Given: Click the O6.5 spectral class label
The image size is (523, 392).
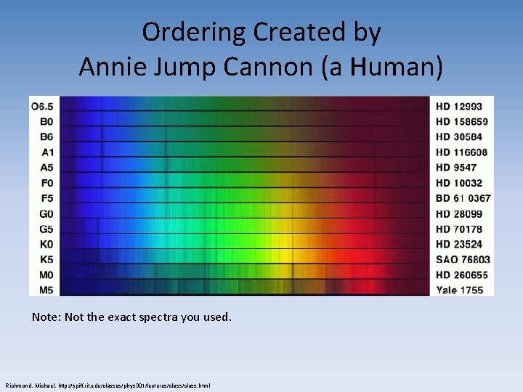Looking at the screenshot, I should pyautogui.click(x=43, y=106).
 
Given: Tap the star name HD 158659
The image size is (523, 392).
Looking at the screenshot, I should pyautogui.click(x=461, y=121).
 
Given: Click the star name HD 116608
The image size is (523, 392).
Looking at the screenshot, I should pyautogui.click(x=461, y=152).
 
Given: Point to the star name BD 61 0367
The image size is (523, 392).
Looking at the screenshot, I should pyautogui.click(x=463, y=198).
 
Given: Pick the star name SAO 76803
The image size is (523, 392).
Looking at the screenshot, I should pyautogui.click(x=463, y=259).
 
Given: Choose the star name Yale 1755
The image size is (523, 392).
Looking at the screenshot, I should pyautogui.click(x=459, y=290).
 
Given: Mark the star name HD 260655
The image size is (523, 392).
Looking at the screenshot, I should pyautogui.click(x=461, y=274).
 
